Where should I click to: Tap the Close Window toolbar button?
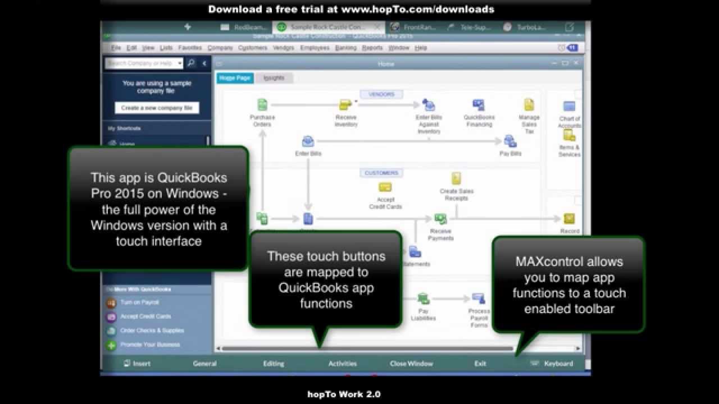411,364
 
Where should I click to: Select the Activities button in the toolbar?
343,364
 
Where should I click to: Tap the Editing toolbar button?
274,364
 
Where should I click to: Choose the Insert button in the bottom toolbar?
137,364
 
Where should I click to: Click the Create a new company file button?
157,108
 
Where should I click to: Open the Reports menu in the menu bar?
372,48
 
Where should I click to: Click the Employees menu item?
315,48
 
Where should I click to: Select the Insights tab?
274,78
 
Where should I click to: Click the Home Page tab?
235,78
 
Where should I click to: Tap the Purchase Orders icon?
262,105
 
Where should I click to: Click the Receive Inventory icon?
345,105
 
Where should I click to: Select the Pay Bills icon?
510,141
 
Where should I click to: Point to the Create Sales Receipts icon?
456,179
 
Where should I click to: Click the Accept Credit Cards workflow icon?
385,187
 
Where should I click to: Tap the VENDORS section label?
381,94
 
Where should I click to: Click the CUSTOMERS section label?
381,173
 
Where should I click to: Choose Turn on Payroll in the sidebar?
139,302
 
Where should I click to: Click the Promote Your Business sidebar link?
150,345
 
